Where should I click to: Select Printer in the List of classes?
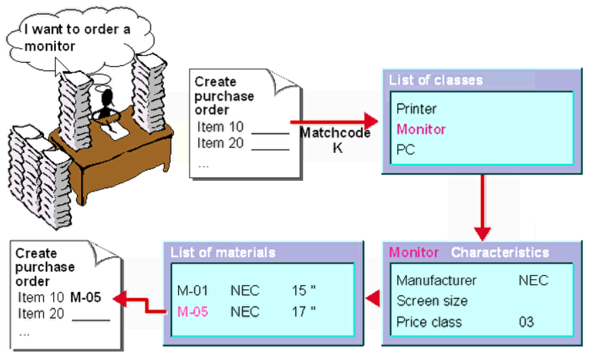pyautogui.click(x=416, y=109)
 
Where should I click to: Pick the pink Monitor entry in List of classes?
pyautogui.click(x=421, y=129)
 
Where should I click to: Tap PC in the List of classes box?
pyautogui.click(x=405, y=150)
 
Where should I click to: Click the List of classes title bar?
pyautogui.click(x=436, y=80)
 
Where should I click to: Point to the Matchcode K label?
pyautogui.click(x=335, y=140)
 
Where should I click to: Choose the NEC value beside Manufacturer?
pyautogui.click(x=533, y=280)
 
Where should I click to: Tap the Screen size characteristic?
pyautogui.click(x=432, y=301)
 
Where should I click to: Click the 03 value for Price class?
pyautogui.click(x=526, y=322)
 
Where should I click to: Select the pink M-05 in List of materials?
pyautogui.click(x=192, y=311)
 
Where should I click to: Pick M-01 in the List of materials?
pyautogui.click(x=192, y=291)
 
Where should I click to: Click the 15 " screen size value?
pyautogui.click(x=304, y=291)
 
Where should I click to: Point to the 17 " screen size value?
pyautogui.click(x=304, y=311)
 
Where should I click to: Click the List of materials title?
pyautogui.click(x=223, y=253)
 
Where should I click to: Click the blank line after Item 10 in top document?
pyautogui.click(x=270, y=128)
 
